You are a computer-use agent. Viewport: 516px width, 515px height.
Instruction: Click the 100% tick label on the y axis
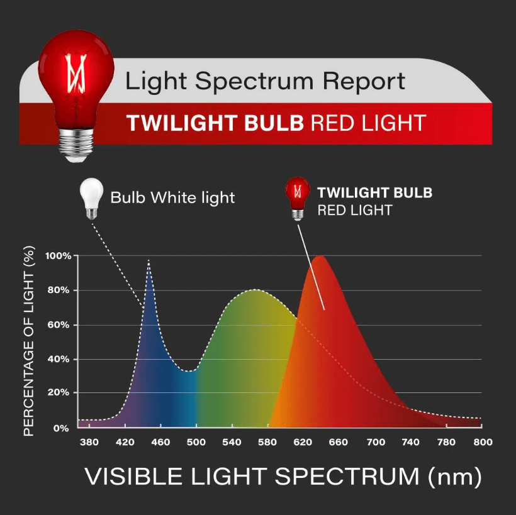[x=59, y=256]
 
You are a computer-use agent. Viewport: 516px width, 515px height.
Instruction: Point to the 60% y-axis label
[x=59, y=325]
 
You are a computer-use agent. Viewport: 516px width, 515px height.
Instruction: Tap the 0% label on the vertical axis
[x=61, y=428]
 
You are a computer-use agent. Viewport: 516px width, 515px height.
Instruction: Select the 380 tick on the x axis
[x=89, y=442]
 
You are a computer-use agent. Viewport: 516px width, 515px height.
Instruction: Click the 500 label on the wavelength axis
[x=196, y=442]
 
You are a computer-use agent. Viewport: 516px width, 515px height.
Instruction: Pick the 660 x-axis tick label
[x=339, y=442]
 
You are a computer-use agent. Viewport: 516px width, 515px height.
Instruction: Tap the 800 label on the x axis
[x=483, y=442]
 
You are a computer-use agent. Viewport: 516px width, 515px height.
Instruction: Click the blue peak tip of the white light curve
[x=149, y=260]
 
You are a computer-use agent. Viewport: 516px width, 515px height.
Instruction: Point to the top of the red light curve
[x=319, y=257]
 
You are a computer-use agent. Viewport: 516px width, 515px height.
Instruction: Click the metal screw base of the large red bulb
[x=76, y=145]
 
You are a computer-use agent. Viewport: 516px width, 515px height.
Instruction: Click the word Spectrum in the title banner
[x=254, y=82]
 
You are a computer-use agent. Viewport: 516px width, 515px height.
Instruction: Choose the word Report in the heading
[x=364, y=82]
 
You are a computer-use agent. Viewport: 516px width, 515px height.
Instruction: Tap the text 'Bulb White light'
[x=173, y=198]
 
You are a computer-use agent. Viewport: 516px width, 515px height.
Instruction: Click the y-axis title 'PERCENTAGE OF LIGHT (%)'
[x=29, y=341]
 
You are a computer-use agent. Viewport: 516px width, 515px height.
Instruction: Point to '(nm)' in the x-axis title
[x=455, y=477]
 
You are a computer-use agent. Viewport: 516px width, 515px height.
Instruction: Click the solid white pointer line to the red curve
[x=311, y=267]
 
